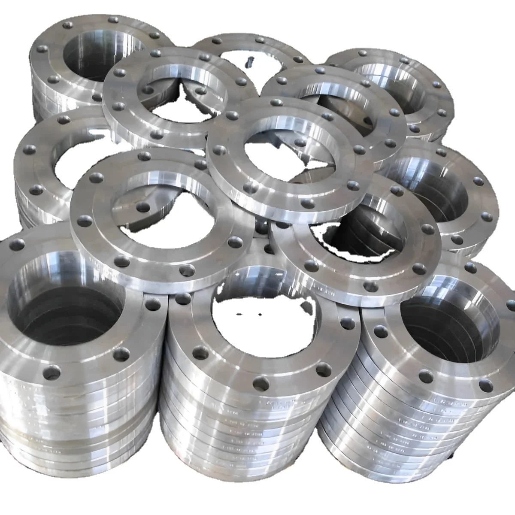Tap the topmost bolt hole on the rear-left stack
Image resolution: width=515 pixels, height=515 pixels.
[114, 20]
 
